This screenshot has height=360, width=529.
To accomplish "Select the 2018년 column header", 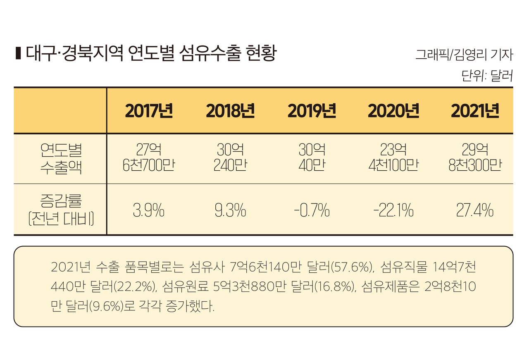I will click(x=230, y=111).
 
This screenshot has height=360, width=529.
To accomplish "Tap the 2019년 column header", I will click(x=312, y=111).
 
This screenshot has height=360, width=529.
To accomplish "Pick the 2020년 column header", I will click(x=393, y=111).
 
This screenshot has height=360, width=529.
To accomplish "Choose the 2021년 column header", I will click(x=475, y=111).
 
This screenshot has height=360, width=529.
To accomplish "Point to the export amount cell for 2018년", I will click(x=230, y=158).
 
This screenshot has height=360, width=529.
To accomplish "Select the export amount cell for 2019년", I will click(x=312, y=158).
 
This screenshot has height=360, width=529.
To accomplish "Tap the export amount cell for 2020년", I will click(x=393, y=158).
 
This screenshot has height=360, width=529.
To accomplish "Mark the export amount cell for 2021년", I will click(x=475, y=158).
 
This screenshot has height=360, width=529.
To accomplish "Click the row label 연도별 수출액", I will click(x=61, y=158).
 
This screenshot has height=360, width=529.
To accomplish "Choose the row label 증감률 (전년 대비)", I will click(x=61, y=210).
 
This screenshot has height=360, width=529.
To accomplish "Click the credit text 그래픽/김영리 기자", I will click(x=464, y=55).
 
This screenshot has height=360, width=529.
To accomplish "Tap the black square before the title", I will click(x=18, y=54).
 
